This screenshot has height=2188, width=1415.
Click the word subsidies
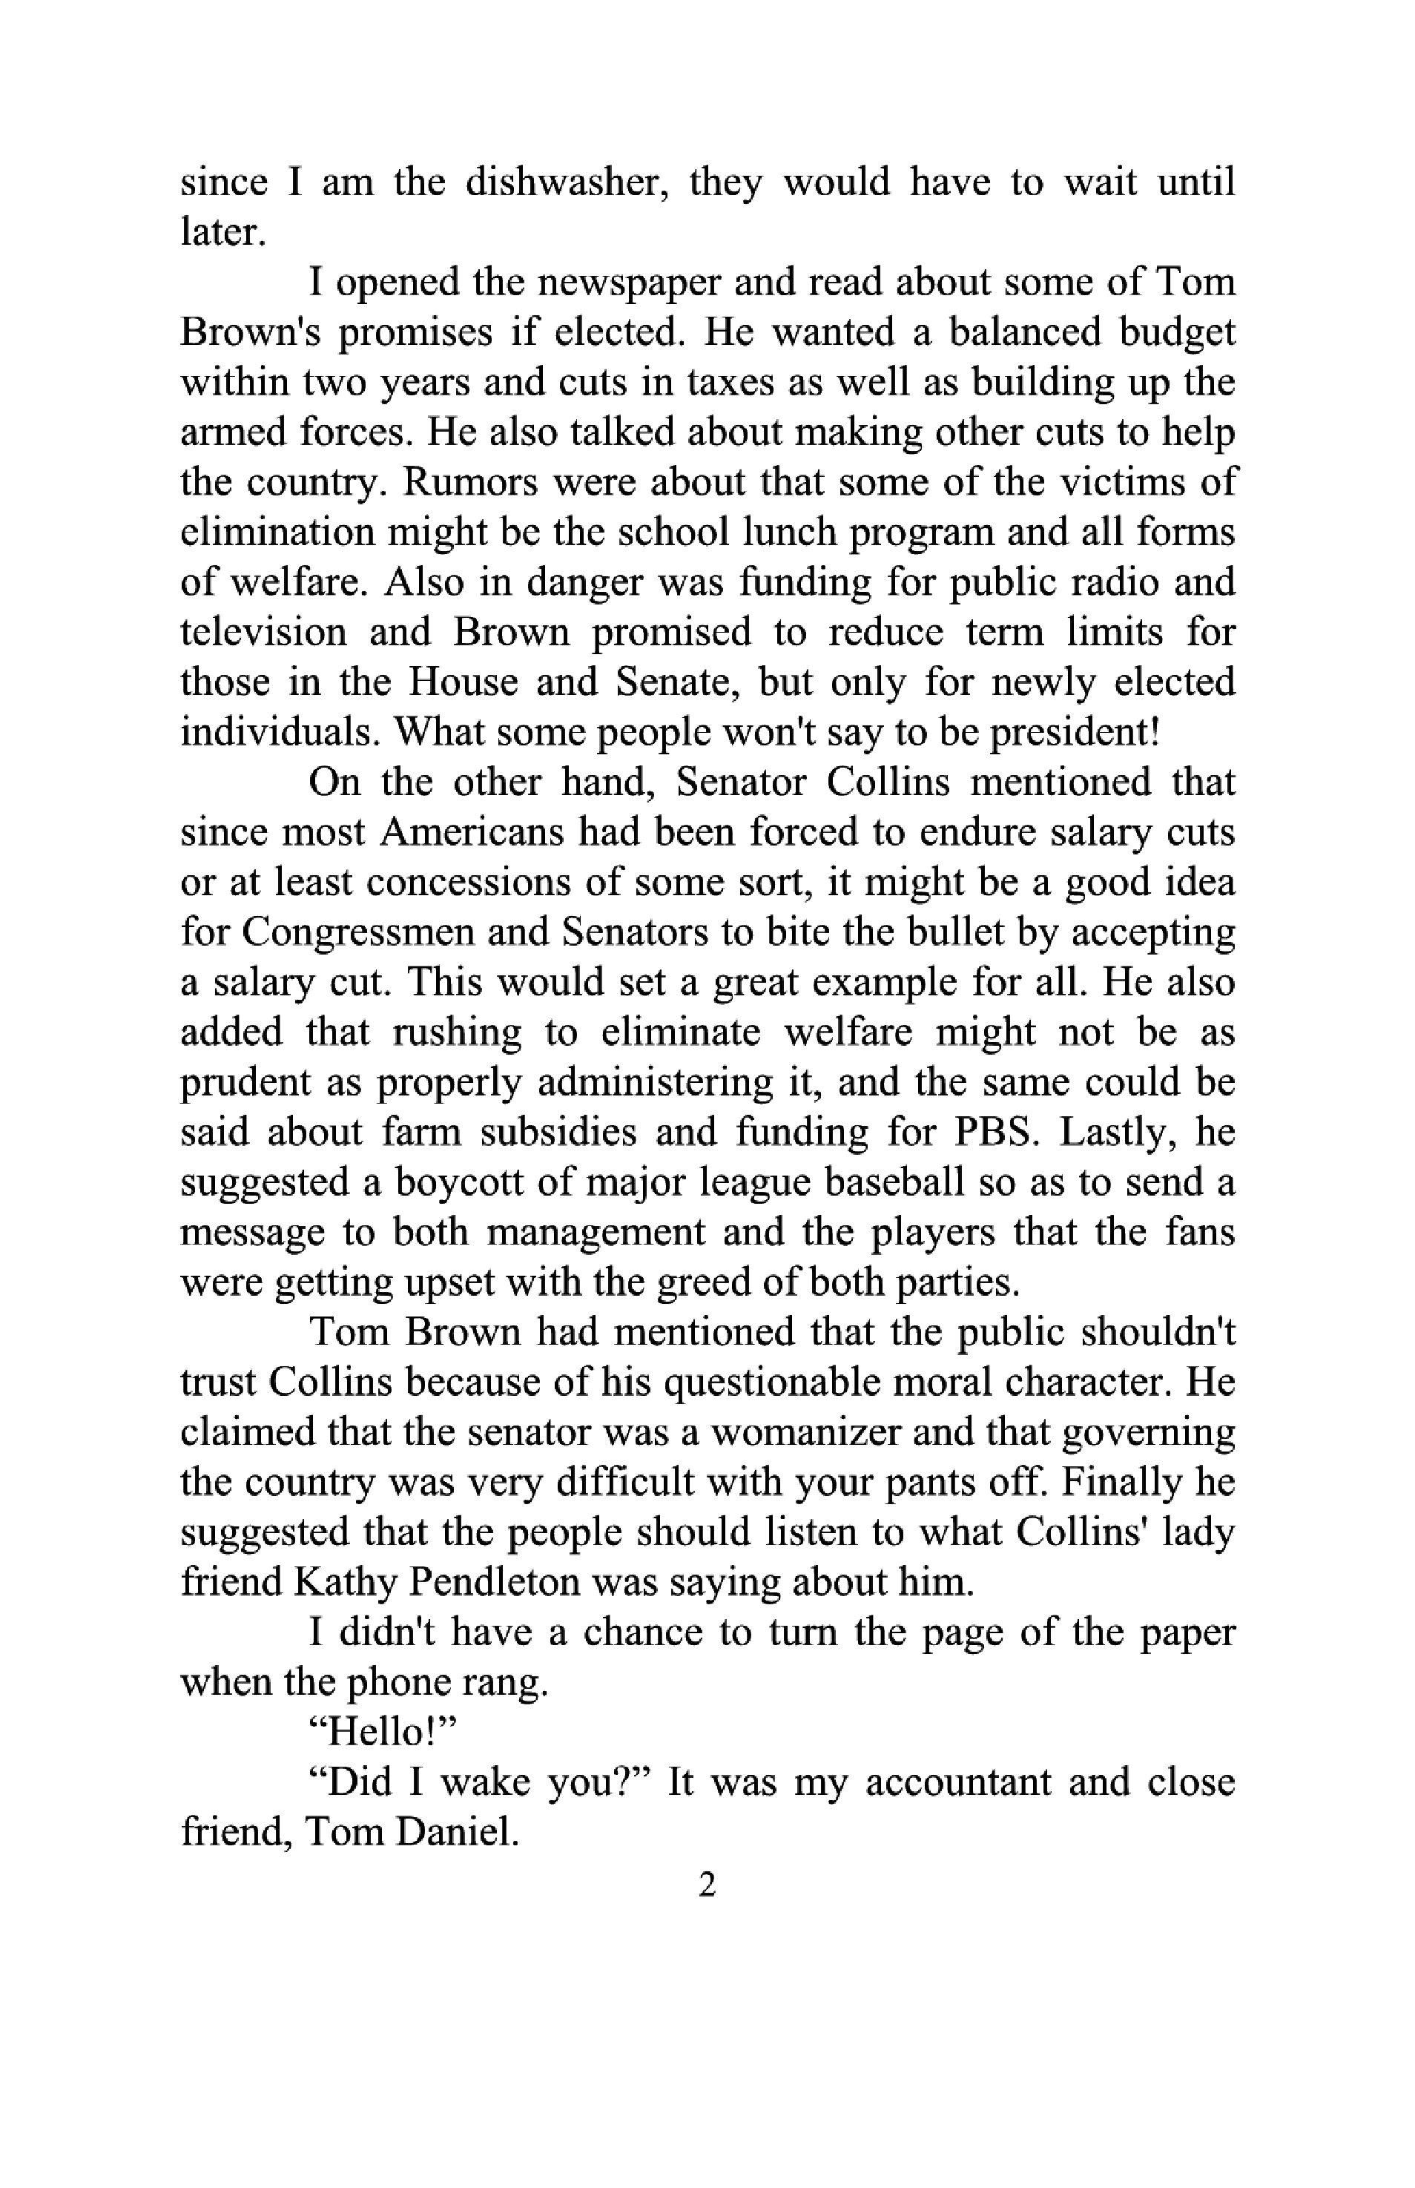coord(558,1132)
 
